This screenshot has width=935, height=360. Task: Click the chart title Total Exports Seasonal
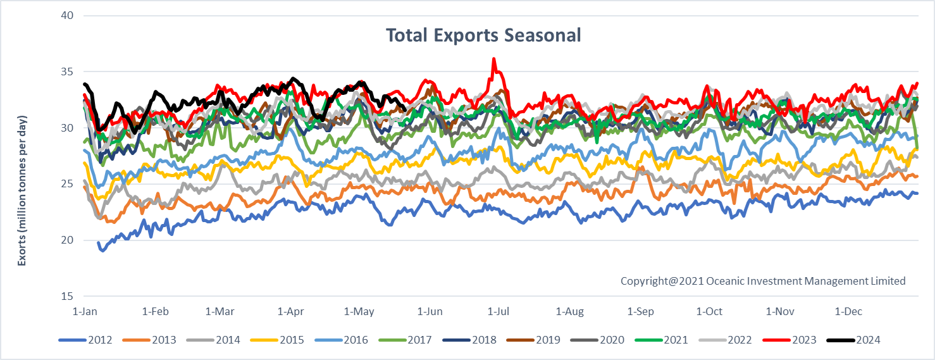pos(483,35)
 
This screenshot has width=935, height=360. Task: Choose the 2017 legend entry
pos(421,340)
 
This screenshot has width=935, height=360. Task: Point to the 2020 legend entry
pos(612,340)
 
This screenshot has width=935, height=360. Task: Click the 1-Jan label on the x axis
pos(84,311)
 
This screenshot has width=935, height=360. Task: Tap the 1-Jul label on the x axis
pos(498,311)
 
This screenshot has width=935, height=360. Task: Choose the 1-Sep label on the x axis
pos(640,311)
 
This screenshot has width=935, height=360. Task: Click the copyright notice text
pos(763,281)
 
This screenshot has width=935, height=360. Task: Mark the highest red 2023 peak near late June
pos(493,59)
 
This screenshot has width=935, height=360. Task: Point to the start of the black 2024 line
pos(85,84)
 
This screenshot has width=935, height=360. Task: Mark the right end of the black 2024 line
pos(405,109)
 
